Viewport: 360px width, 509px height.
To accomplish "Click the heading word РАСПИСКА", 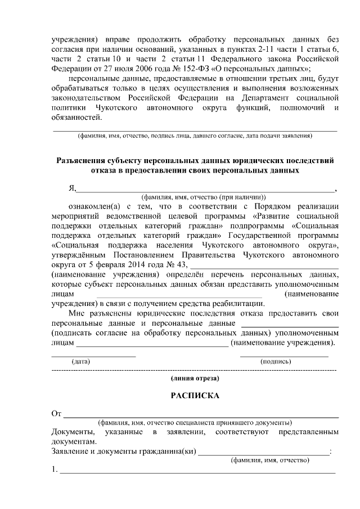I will [x=195, y=395].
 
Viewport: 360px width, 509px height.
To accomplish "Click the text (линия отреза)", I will [x=195, y=379].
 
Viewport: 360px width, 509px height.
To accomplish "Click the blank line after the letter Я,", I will [x=205, y=191].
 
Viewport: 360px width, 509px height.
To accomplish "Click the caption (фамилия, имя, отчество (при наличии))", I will [x=203, y=197].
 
